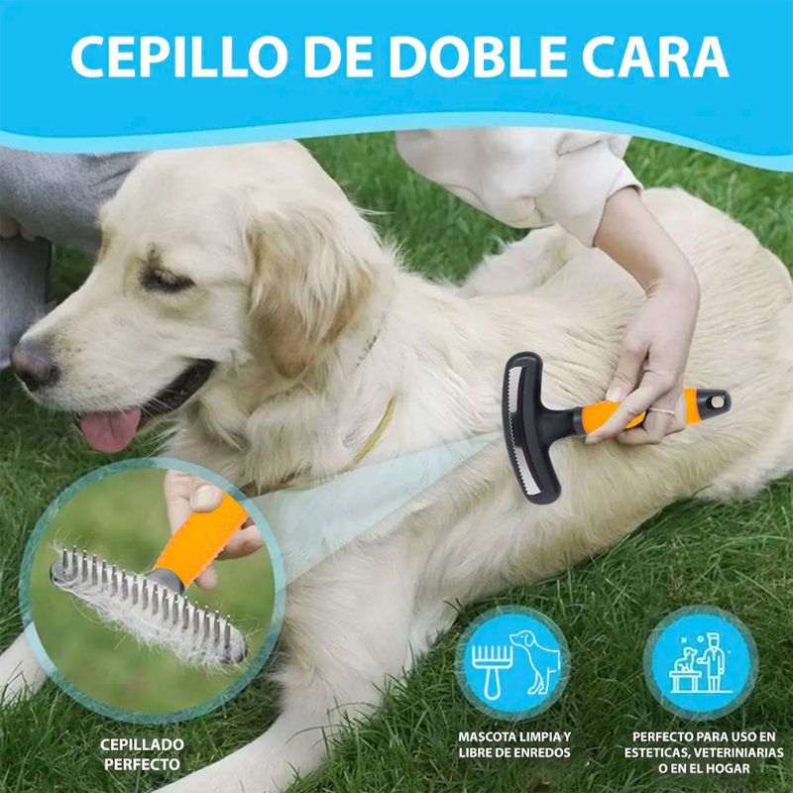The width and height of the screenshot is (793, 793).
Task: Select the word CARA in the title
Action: (655, 57)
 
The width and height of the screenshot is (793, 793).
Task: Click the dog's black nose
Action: (34, 363)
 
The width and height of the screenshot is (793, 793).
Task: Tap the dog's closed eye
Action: (165, 280)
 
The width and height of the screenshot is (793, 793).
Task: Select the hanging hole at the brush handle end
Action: (716, 402)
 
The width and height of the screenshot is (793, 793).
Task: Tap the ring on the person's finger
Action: (661, 411)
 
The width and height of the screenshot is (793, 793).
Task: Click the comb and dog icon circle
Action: (512, 663)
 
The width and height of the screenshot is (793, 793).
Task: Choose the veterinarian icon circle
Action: (701, 663)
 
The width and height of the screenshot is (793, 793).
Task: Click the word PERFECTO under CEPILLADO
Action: (142, 764)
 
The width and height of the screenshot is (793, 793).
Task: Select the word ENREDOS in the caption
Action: (540, 752)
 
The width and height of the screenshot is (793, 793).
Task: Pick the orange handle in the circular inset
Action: (201, 540)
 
